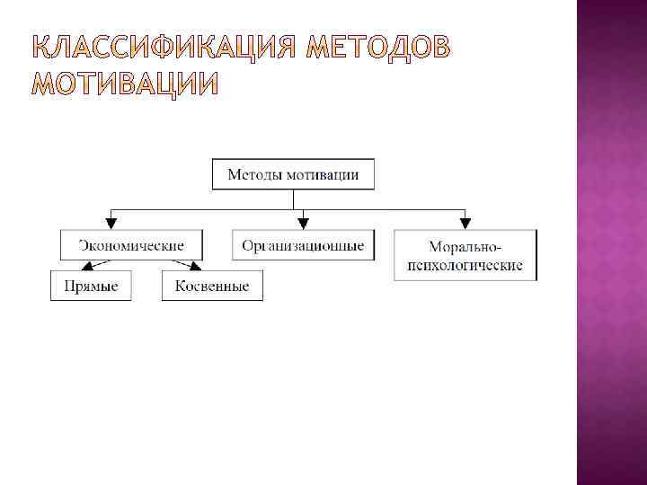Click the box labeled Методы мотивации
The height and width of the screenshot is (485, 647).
click(293, 174)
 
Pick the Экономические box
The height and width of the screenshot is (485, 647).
click(131, 245)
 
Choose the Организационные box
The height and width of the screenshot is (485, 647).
click(304, 245)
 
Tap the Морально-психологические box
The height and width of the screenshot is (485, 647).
click(465, 255)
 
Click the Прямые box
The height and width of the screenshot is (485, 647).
click(91, 286)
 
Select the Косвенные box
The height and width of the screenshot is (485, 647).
click(213, 286)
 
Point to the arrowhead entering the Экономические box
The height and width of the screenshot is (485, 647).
click(111, 224)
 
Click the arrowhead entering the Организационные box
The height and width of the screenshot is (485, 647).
click(303, 224)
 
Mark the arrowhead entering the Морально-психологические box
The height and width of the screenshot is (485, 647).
click(465, 224)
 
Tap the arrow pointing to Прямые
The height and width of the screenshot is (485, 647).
click(90, 265)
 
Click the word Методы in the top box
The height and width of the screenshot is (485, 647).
click(255, 174)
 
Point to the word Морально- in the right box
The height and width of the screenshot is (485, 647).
click(465, 246)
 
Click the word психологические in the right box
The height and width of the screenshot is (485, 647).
click(465, 266)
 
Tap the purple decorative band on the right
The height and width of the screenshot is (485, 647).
click(611, 242)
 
